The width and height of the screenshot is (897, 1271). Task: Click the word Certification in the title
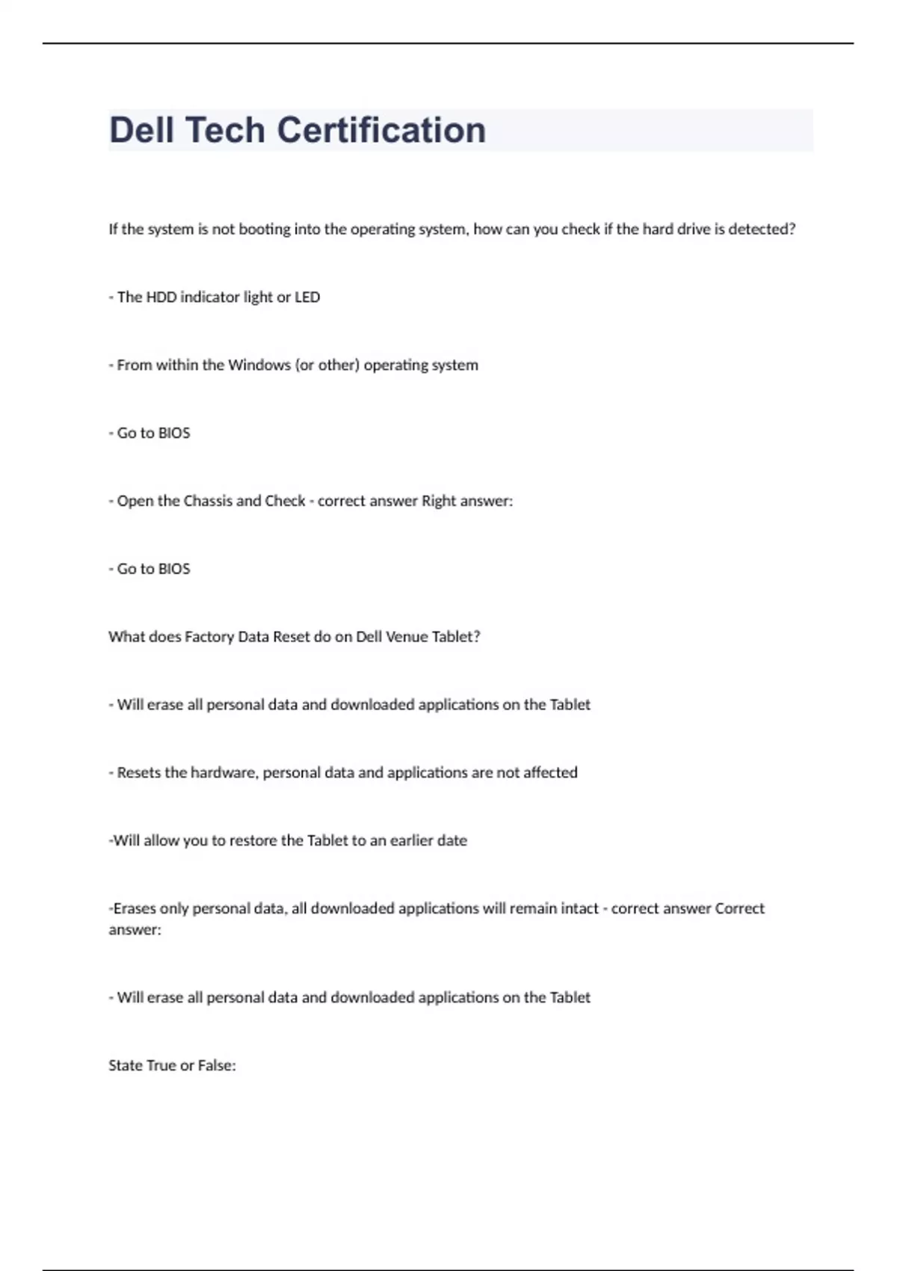[x=381, y=130]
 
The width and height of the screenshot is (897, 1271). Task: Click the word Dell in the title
[x=141, y=130]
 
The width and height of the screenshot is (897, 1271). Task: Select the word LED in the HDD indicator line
[x=307, y=298]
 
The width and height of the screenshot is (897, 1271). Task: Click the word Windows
[x=259, y=366]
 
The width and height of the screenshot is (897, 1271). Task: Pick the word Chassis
[x=208, y=501]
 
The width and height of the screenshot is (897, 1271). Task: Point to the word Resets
[x=139, y=773]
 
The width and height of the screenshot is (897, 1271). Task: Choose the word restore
[x=253, y=841]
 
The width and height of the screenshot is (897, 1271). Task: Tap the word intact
[x=578, y=909]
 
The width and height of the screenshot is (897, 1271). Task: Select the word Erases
[x=135, y=909]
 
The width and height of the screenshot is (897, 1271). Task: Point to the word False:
[x=217, y=1066]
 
